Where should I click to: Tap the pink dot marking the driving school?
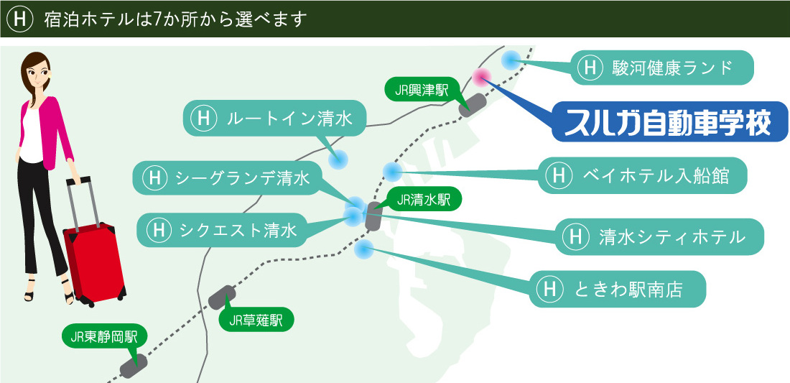[481, 76]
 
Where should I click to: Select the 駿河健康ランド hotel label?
[663, 68]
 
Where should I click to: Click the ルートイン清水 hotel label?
[274, 118]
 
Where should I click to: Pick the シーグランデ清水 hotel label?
[227, 178]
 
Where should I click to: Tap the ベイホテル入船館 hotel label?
[642, 175]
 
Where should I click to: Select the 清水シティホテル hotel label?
[658, 236]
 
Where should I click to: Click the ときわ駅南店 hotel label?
[617, 289]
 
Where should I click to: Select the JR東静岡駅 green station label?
[104, 336]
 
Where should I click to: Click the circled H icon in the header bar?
[19, 19]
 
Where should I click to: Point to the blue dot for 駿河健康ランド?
[511, 61]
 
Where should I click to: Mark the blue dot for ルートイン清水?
[338, 160]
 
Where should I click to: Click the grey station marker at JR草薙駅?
[222, 297]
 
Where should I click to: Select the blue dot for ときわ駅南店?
[364, 249]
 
